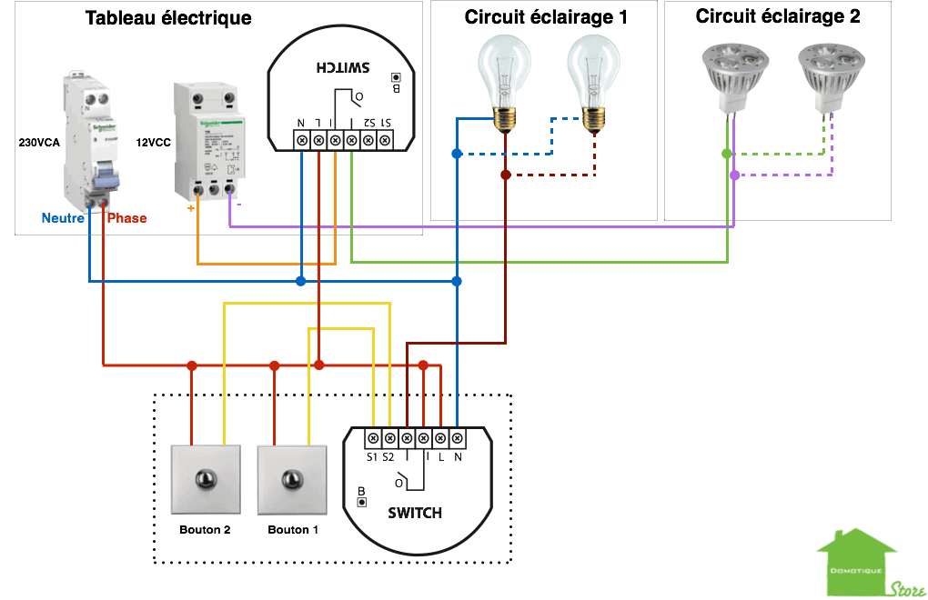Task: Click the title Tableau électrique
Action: [x=168, y=18]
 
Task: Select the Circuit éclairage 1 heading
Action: [x=546, y=16]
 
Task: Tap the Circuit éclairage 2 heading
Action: [x=778, y=16]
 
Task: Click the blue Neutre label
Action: [x=63, y=218]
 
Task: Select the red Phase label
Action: [x=126, y=218]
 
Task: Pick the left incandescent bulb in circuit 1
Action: [x=504, y=77]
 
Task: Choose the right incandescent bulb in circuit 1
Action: [x=592, y=77]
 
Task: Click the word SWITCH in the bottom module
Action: [x=415, y=513]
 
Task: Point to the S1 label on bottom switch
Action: [x=372, y=456]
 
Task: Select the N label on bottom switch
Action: [x=458, y=456]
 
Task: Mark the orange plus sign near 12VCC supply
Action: [x=190, y=207]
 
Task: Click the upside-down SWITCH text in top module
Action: [x=343, y=68]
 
